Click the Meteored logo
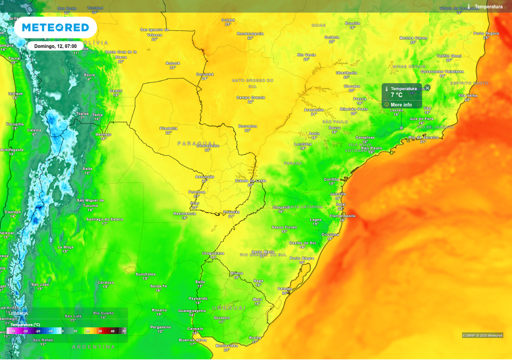[55, 27]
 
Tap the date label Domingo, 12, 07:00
[55, 46]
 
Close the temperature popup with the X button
[427, 88]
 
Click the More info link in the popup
[401, 104]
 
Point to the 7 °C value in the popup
[396, 95]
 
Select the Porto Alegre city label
[302, 258]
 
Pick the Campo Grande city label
[250, 97]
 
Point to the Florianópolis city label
[343, 216]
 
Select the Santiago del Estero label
[104, 219]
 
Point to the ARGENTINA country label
[93, 346]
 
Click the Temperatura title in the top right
[488, 6]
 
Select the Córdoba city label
[105, 282]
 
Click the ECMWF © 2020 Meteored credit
[482, 335]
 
